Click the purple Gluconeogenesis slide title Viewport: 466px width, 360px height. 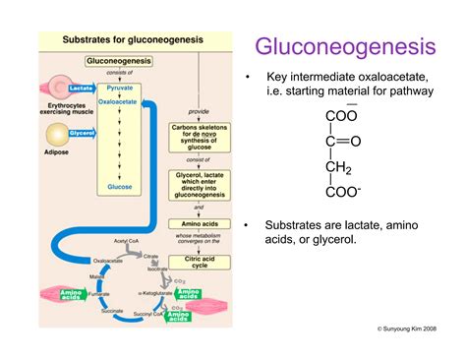click(344, 46)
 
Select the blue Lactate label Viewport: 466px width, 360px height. click(81, 88)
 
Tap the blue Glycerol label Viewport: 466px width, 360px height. click(83, 132)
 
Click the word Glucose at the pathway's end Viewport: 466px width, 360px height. click(120, 185)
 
